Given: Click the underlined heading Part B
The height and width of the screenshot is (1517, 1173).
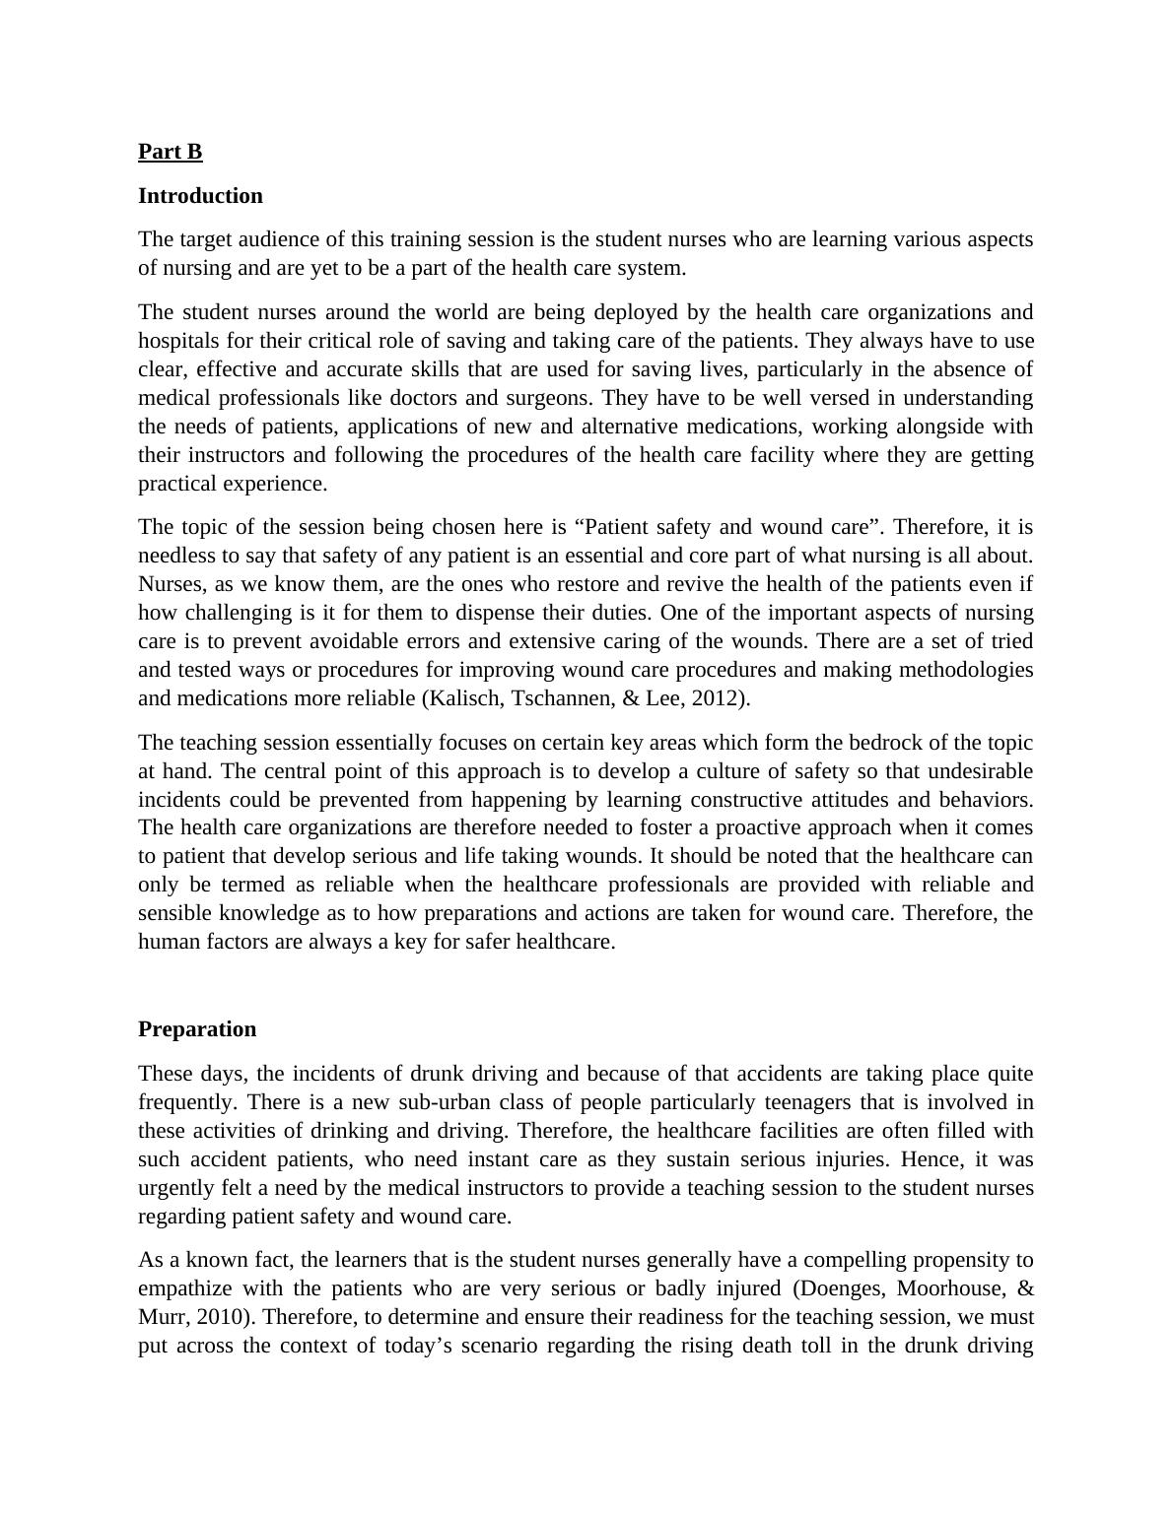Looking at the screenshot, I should (x=170, y=152).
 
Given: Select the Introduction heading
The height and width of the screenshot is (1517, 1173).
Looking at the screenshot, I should (x=200, y=196).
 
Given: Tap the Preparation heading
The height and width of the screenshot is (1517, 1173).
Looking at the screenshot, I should (x=197, y=1029).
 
